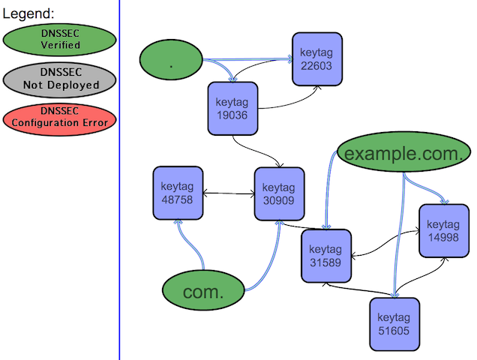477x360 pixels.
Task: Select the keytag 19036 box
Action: coord(232,109)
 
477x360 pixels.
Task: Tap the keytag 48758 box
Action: coord(178,193)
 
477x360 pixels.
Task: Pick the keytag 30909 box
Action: coord(280,193)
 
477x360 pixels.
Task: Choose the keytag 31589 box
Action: coord(325,256)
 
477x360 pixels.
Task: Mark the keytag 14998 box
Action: coord(443,230)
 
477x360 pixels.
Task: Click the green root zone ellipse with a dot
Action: coord(172,61)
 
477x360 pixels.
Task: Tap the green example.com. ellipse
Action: coord(403,154)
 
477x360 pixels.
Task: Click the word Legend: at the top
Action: coord(28,13)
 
